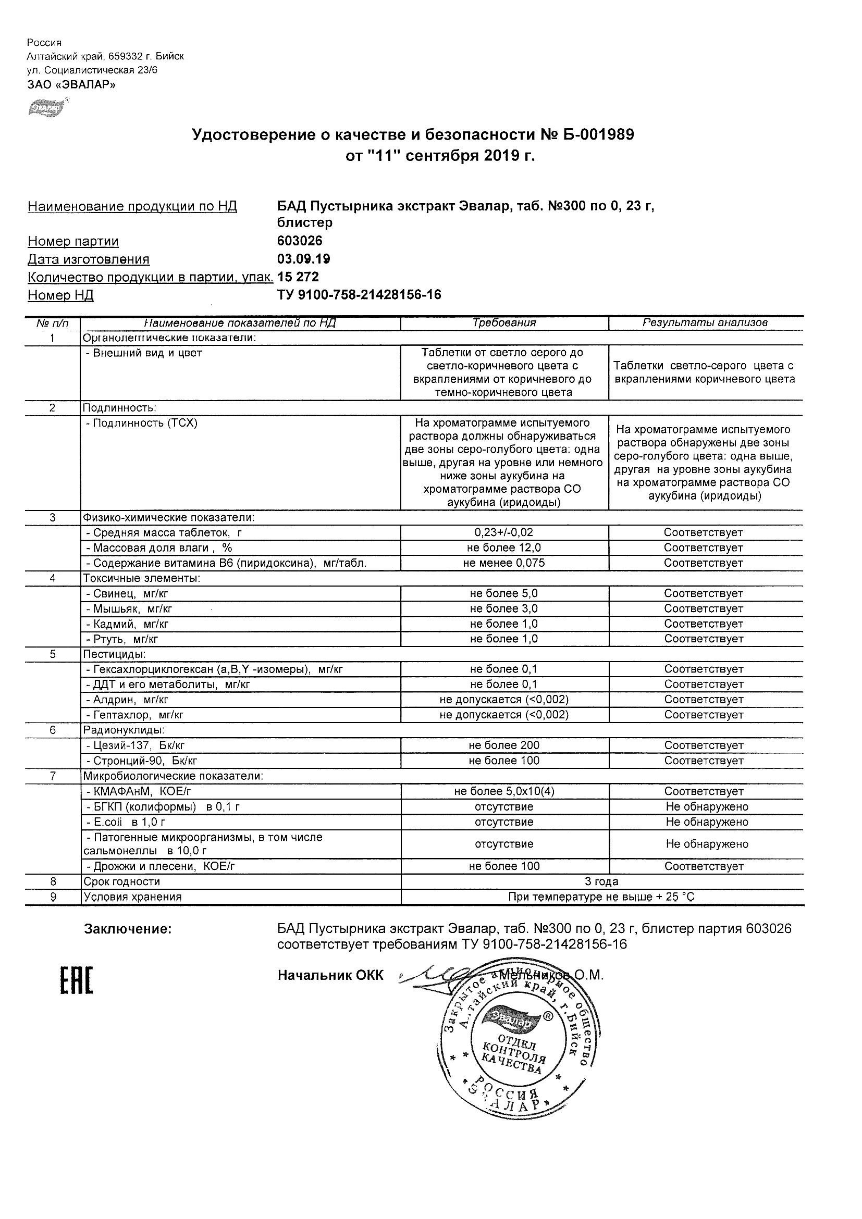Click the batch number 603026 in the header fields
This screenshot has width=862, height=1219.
300,241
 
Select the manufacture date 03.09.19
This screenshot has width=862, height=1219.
303,259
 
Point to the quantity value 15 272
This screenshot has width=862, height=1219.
298,277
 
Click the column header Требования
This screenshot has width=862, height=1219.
504,323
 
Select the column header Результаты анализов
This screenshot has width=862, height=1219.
705,323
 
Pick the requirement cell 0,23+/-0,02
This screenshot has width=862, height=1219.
504,532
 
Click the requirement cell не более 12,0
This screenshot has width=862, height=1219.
504,548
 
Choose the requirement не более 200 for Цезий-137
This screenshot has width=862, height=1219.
504,745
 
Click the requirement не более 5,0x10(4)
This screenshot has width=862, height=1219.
504,792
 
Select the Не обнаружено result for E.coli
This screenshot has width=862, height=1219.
707,822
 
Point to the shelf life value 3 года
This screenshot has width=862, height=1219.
601,882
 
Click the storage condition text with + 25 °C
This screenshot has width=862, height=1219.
601,897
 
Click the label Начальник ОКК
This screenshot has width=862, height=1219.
330,975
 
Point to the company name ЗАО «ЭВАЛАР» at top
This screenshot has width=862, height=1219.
71,84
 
